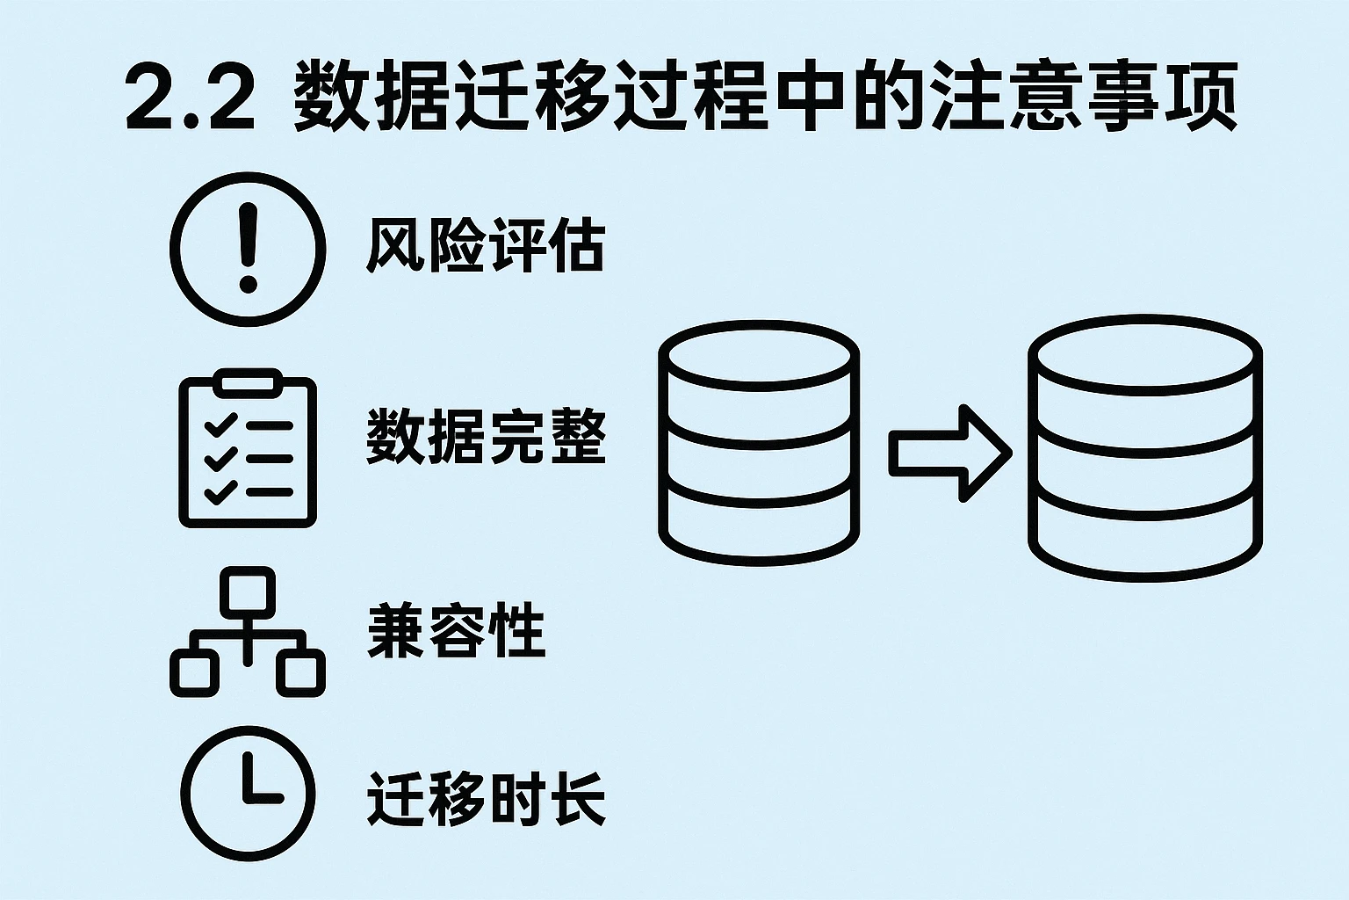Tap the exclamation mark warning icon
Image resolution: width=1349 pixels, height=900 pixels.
coord(248,249)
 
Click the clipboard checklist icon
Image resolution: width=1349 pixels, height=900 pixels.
coord(248,452)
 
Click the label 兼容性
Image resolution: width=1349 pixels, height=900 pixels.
coord(456,630)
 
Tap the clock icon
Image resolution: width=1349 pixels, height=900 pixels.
coord(248,793)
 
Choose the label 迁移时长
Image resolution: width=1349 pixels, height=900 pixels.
coord(486,798)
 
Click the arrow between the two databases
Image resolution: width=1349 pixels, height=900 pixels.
coord(949,453)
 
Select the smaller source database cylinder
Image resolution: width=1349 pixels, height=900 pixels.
coord(758,442)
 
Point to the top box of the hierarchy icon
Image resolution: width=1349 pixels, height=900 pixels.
coord(248,590)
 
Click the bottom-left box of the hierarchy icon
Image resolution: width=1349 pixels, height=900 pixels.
coord(194,672)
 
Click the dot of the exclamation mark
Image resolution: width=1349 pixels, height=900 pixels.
coord(249,284)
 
